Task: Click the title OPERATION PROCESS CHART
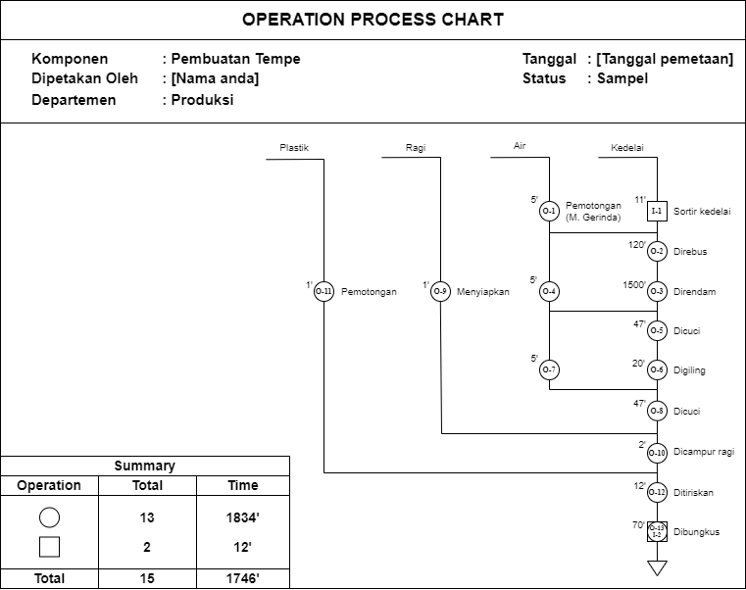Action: click(x=373, y=20)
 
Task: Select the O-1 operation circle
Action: click(x=549, y=211)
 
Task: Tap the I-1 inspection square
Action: click(x=657, y=211)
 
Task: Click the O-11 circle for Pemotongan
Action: click(x=324, y=291)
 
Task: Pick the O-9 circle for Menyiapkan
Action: click(x=441, y=291)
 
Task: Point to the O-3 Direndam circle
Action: click(x=657, y=291)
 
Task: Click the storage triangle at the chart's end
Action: click(x=657, y=567)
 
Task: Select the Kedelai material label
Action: click(x=627, y=148)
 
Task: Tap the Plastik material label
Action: click(x=294, y=148)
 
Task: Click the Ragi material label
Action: click(x=415, y=148)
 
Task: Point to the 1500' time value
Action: click(x=634, y=285)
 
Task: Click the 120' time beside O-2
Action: click(x=637, y=245)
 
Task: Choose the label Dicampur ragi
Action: click(x=704, y=452)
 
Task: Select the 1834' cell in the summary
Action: click(x=243, y=517)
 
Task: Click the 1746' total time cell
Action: click(x=243, y=579)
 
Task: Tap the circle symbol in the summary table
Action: click(x=49, y=517)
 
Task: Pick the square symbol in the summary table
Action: click(x=49, y=548)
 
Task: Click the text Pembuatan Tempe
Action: click(x=235, y=59)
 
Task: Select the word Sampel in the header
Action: click(x=622, y=78)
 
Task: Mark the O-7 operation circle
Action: click(x=549, y=369)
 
